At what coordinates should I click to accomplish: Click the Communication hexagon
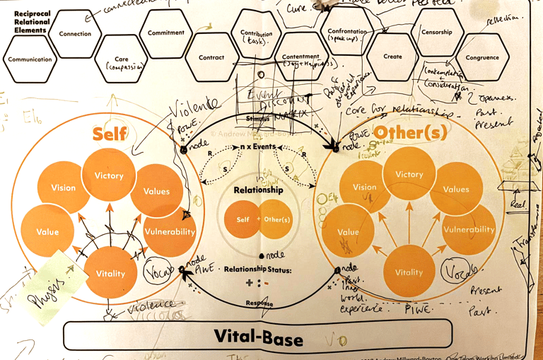coord(30,60)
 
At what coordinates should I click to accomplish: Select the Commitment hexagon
coord(166,33)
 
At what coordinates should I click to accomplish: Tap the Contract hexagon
coord(211,58)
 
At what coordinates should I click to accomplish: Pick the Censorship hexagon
coord(437,33)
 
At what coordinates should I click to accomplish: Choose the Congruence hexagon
coord(482,58)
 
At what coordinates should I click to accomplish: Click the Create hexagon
coord(392,57)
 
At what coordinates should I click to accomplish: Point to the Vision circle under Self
coord(64,188)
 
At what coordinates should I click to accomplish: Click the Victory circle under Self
coord(109,175)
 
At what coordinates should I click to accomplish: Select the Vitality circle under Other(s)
coord(409,272)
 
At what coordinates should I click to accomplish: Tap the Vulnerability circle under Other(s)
coord(468,229)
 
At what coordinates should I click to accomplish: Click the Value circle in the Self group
coord(47,232)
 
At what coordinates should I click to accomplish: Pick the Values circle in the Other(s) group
coord(456,189)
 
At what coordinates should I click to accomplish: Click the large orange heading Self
coord(110,134)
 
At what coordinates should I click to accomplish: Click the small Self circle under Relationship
coord(243,220)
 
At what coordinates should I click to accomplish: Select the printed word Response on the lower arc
coord(259,303)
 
